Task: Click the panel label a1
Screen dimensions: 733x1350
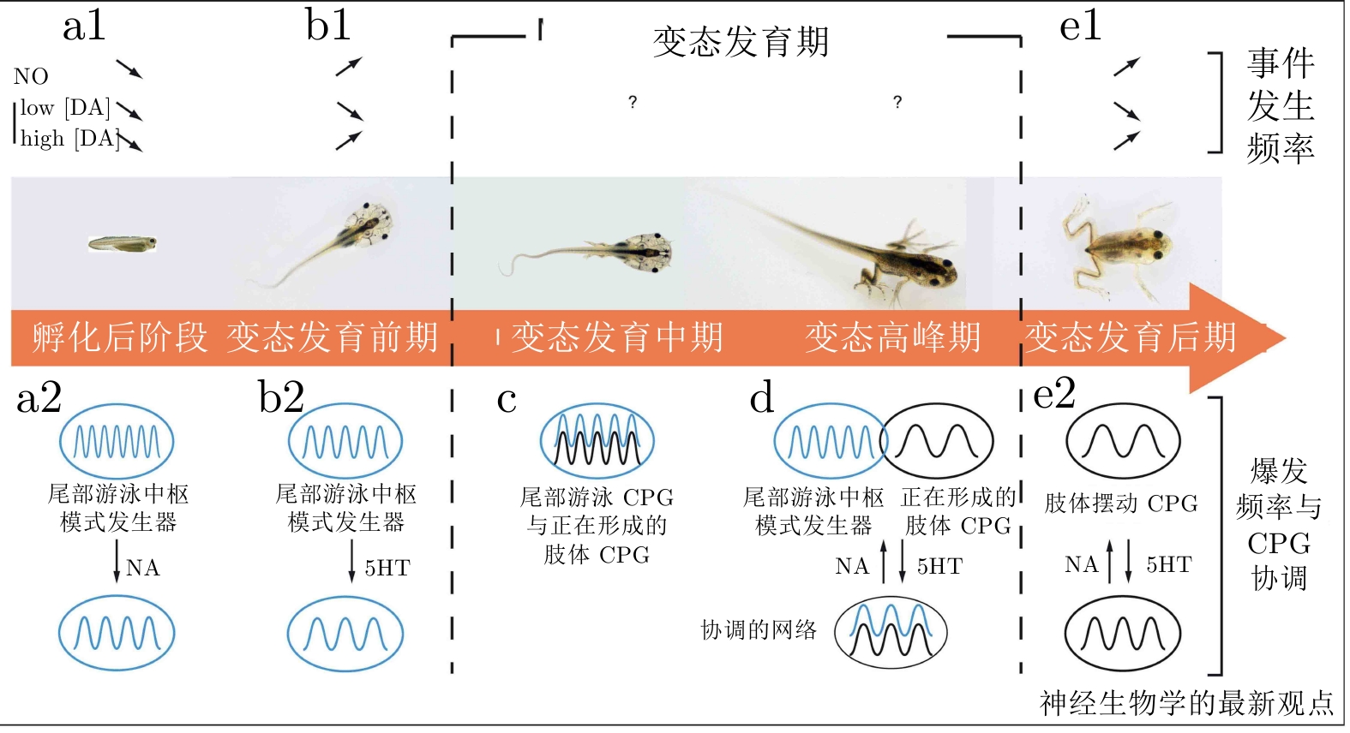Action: [x=84, y=27]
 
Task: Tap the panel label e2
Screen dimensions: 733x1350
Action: [x=1053, y=394]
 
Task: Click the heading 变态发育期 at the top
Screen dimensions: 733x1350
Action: [x=741, y=42]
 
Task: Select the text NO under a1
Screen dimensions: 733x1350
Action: [x=31, y=77]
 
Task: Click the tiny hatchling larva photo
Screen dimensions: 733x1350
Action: [x=123, y=244]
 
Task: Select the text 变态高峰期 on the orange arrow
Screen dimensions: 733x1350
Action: [x=892, y=337]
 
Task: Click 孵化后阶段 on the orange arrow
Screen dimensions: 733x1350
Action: [x=120, y=337]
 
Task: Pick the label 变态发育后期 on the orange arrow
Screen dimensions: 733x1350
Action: [x=1131, y=337]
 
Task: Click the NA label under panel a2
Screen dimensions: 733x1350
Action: [x=142, y=568]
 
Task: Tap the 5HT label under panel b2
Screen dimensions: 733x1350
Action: [x=387, y=568]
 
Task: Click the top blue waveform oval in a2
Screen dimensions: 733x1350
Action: [x=117, y=442]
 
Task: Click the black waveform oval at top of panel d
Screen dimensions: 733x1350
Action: [x=936, y=442]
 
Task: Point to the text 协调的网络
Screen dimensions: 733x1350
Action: [x=759, y=630]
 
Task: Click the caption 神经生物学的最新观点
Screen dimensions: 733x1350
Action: [x=1186, y=703]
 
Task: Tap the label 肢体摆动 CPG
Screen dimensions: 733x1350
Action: [x=1120, y=504]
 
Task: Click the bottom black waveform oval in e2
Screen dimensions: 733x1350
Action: [x=1122, y=635]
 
